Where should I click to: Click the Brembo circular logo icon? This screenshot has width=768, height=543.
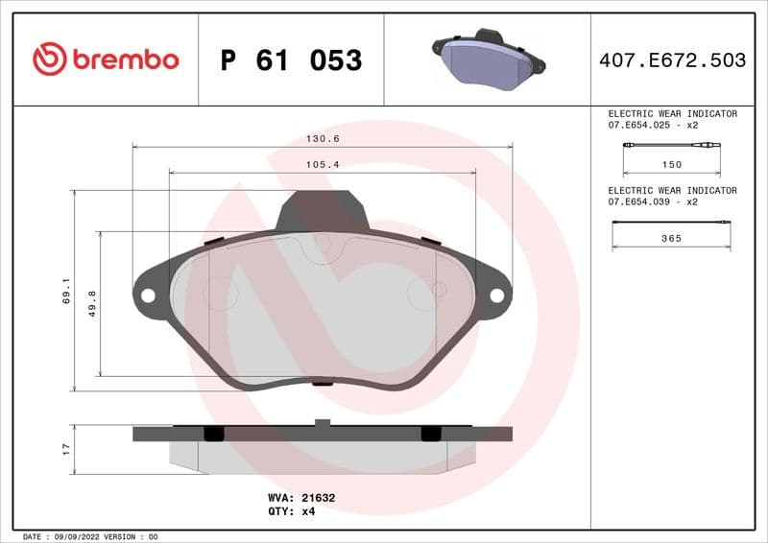49,59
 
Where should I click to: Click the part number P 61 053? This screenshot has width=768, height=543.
291,60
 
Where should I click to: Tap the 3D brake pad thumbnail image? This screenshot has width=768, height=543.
489,59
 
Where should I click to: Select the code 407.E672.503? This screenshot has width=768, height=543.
672,60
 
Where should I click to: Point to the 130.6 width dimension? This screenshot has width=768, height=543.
323,139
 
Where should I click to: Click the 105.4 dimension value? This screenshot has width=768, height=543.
323,165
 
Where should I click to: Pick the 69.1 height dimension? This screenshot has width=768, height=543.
66,291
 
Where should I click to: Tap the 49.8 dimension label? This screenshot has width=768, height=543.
93,304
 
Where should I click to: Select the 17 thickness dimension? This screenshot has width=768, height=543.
66,448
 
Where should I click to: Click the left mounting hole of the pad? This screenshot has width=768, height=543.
148,295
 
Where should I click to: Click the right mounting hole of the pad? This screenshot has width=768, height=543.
496,295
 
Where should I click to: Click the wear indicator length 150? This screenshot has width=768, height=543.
672,165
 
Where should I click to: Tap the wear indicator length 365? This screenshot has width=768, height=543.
672,239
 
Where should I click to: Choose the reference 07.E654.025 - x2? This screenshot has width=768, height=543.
653,126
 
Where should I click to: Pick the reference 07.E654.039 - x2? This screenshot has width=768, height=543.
653,202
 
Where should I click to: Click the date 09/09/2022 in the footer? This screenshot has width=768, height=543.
72,536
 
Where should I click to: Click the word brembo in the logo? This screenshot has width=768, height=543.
126,60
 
